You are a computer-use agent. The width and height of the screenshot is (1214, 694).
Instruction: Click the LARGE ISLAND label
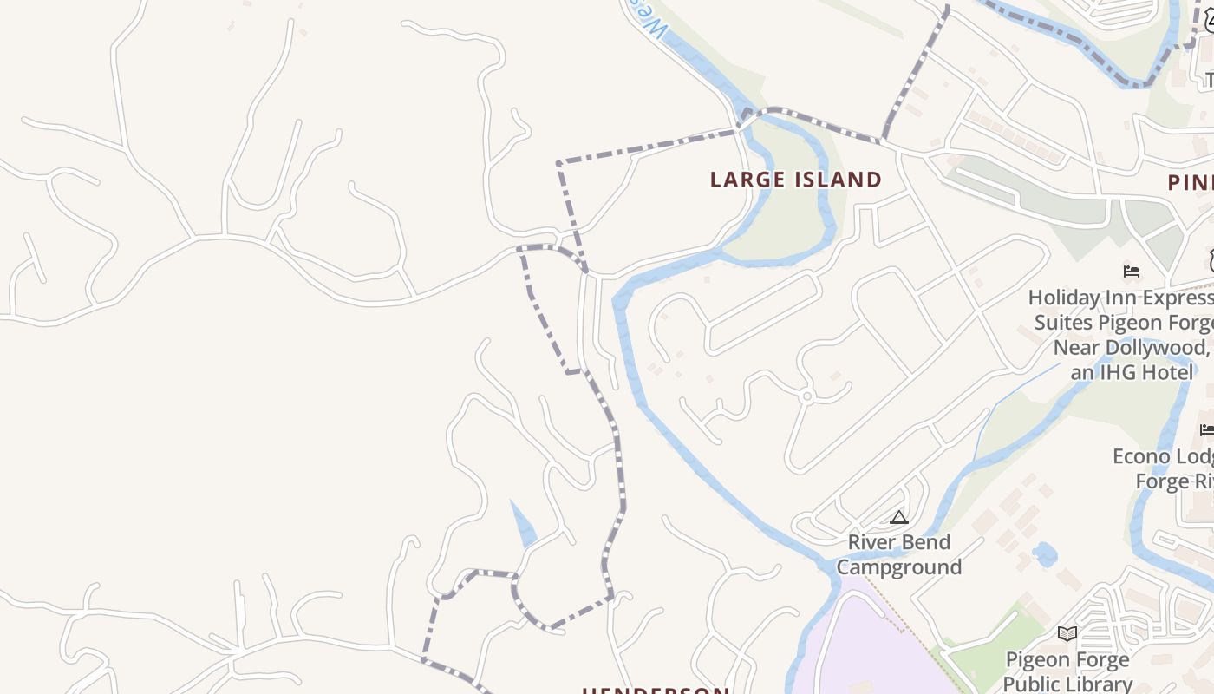coord(795,180)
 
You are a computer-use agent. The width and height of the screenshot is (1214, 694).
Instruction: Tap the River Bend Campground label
coord(899,554)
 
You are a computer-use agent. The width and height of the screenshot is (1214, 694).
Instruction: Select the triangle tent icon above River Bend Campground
coord(899,518)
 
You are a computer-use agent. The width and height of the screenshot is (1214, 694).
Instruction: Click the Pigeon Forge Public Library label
coord(1067,671)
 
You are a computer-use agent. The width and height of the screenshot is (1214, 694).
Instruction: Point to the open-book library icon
coord(1067,634)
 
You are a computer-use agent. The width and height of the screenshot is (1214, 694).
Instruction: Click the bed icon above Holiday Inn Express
coord(1131,272)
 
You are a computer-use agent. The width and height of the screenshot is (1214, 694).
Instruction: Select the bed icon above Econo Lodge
coord(1206,430)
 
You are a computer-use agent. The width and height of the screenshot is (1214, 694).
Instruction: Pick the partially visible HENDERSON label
coord(655,691)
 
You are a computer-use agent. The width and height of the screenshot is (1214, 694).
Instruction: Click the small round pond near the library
coord(1046,553)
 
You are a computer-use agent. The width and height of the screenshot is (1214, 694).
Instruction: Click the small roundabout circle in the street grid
coord(806,396)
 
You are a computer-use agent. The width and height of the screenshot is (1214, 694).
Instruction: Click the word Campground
coord(899,567)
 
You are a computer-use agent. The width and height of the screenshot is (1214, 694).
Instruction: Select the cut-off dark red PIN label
coord(1190,183)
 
